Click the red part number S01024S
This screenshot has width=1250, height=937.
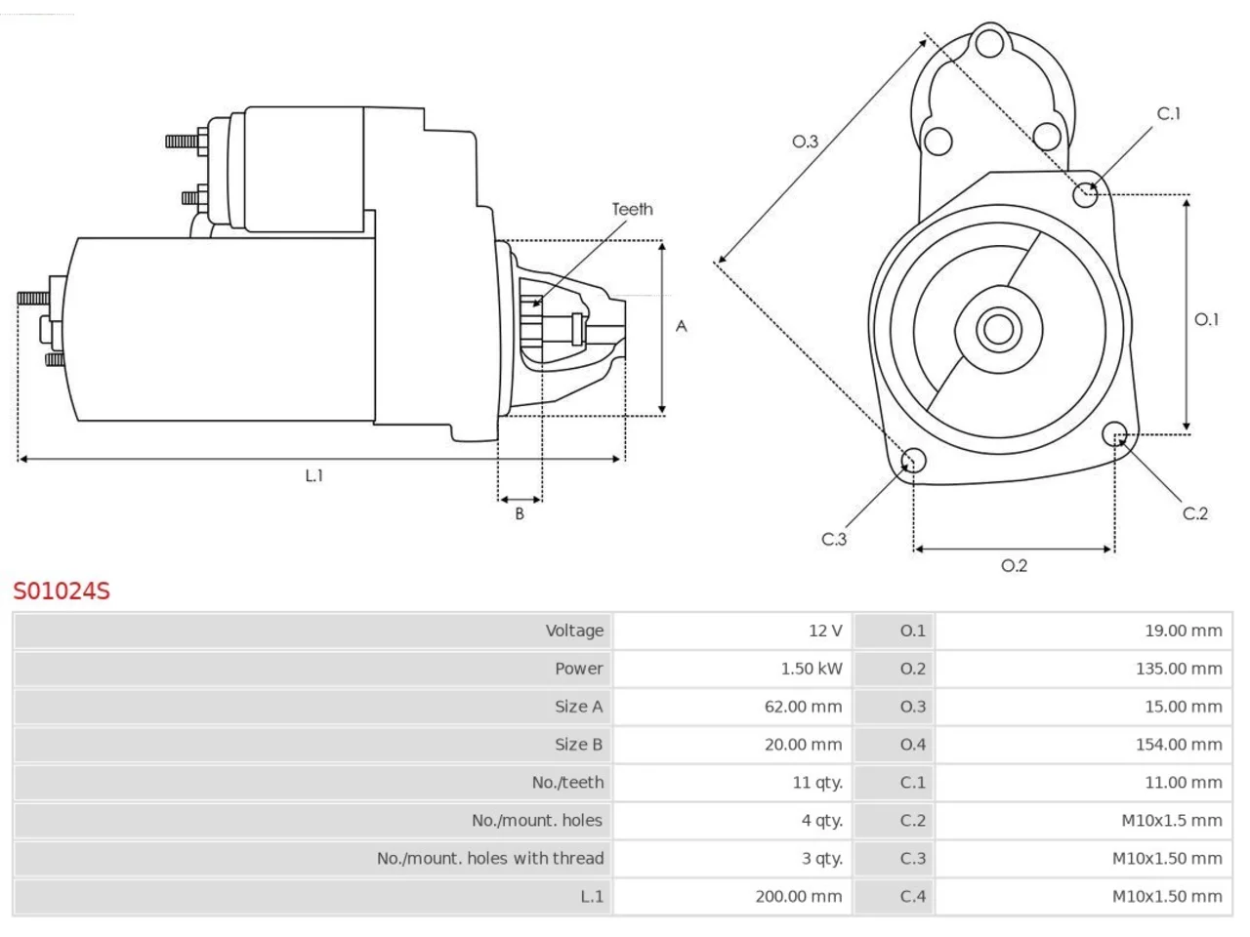click(x=62, y=591)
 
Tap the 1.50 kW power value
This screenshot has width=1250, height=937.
click(x=811, y=669)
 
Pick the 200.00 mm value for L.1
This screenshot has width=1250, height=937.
click(x=799, y=897)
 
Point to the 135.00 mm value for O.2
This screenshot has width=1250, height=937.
click(x=1179, y=669)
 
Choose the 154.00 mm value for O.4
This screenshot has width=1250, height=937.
click(x=1179, y=745)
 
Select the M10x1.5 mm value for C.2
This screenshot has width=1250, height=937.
click(x=1172, y=821)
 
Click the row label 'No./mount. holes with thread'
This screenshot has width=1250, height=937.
click(x=490, y=859)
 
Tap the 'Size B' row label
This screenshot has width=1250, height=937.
click(x=578, y=745)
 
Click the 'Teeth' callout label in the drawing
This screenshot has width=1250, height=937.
click(x=632, y=209)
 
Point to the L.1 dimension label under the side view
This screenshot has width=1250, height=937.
click(x=313, y=475)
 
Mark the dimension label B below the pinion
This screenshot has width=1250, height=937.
click(x=520, y=513)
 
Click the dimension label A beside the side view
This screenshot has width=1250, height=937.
click(x=681, y=327)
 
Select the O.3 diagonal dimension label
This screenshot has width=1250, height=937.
click(x=806, y=142)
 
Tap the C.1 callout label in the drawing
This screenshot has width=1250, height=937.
click(x=1169, y=114)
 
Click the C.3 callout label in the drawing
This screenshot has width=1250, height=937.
click(x=834, y=540)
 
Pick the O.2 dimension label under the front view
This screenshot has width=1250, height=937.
click(x=1015, y=566)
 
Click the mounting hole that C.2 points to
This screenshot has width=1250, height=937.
click(x=1114, y=434)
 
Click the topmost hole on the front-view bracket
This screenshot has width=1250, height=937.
click(x=990, y=43)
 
